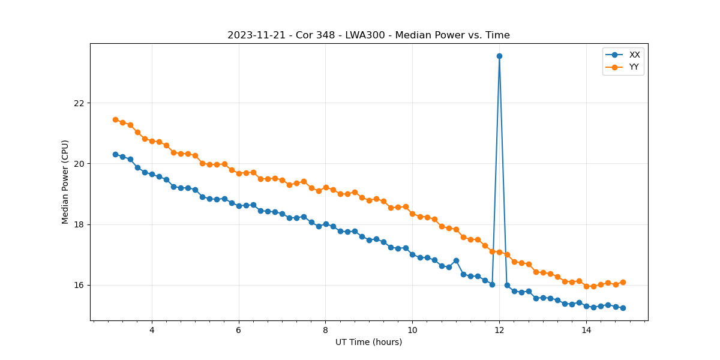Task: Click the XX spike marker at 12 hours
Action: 499,56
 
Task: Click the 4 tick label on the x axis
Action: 152,330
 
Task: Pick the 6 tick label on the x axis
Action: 239,330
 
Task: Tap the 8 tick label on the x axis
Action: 326,330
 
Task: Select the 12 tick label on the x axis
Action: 499,330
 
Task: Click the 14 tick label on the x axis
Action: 586,330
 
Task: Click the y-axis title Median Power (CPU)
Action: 65,182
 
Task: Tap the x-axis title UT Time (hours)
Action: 368,343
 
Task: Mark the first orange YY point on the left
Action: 115,119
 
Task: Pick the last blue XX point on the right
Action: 623,308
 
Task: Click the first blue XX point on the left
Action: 115,154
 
